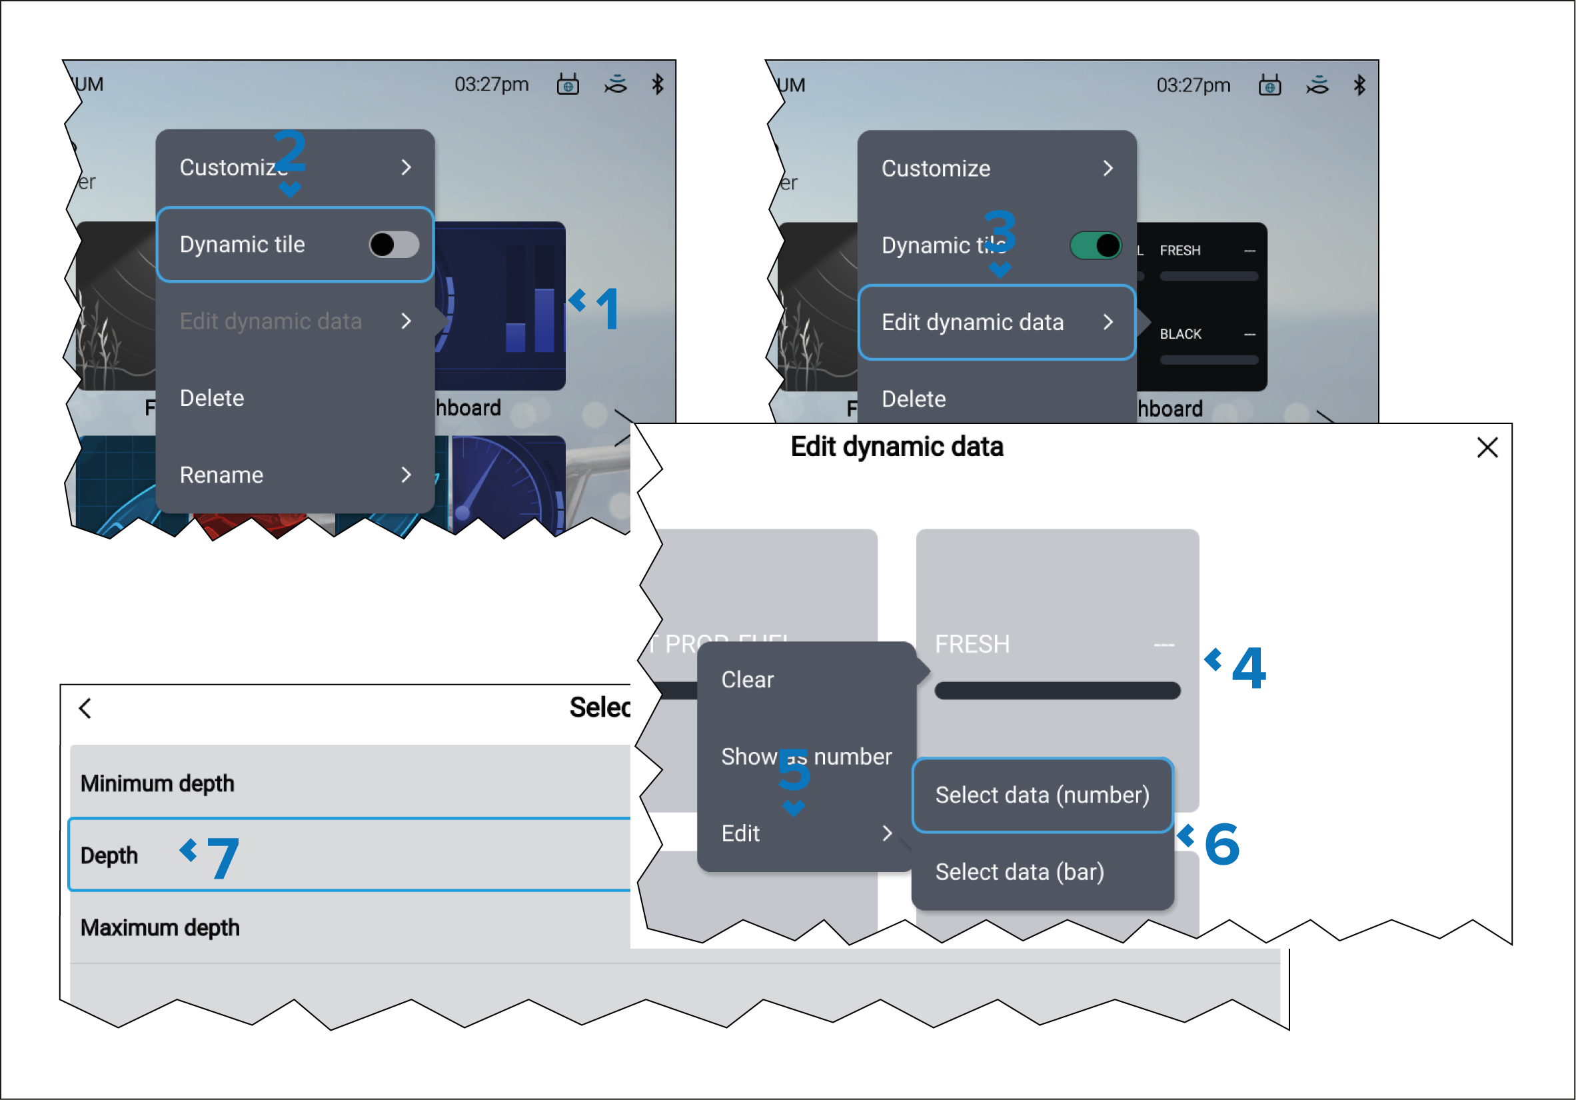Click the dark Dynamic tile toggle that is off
393,245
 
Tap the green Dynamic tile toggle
1095,246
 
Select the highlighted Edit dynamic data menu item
996,322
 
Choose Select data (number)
1042,795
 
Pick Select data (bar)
1020,872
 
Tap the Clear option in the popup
747,680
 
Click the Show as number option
806,757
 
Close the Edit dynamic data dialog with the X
1487,448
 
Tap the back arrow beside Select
85,709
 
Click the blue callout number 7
223,857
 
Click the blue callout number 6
1221,844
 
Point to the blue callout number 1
608,309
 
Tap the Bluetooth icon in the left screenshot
657,85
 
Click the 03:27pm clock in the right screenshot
1193,85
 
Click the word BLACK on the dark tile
1180,334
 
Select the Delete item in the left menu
211,398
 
